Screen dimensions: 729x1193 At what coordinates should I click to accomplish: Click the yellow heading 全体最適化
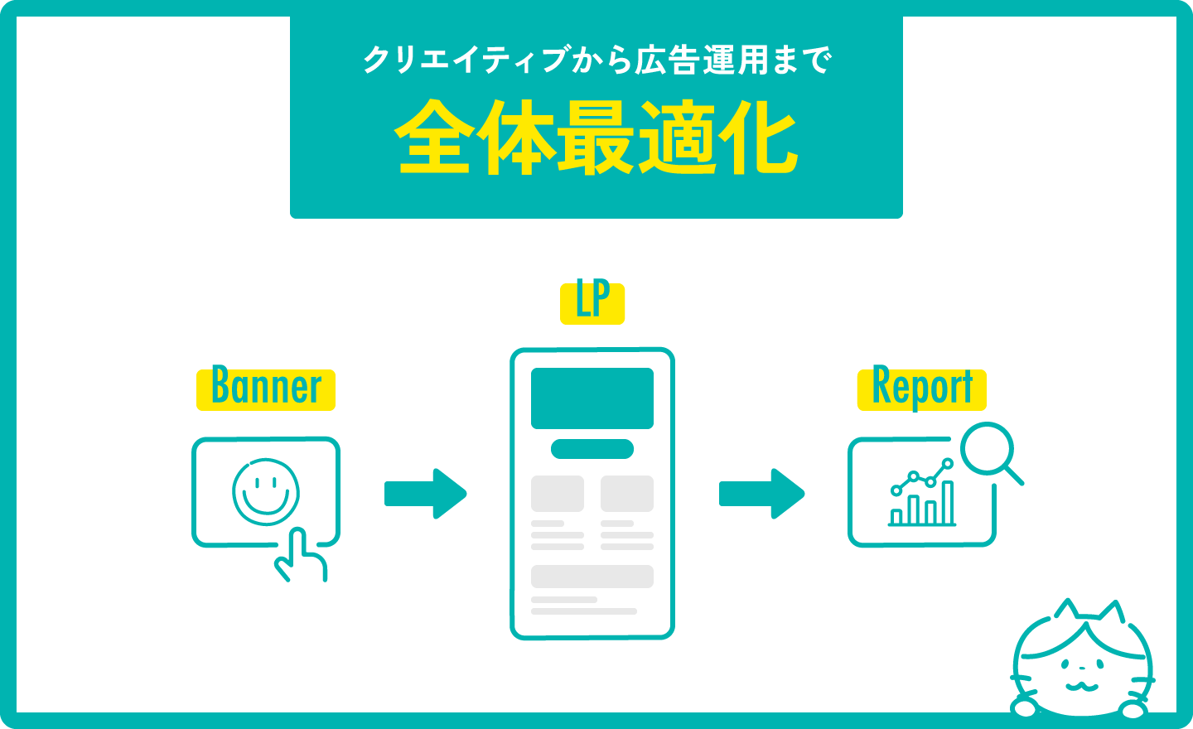[x=596, y=138]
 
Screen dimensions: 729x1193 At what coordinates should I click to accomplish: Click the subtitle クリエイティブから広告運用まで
[x=596, y=60]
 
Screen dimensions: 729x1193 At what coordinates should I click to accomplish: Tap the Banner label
[x=266, y=389]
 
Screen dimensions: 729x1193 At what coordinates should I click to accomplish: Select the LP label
[x=592, y=302]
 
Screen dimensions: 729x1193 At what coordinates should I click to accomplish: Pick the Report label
[x=922, y=389]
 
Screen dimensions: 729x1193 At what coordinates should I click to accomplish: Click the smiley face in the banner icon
[x=266, y=492]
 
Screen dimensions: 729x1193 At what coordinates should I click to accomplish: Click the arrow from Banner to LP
[x=426, y=494]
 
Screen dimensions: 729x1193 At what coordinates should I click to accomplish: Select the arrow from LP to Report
[x=761, y=494]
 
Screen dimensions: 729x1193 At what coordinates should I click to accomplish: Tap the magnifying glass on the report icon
[x=989, y=451]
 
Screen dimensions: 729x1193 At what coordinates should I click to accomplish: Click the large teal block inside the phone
[x=592, y=398]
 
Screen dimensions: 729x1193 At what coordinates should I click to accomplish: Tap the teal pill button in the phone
[x=592, y=449]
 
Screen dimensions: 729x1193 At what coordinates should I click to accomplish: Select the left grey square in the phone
[x=558, y=494]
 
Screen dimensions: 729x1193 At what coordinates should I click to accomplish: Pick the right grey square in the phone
[x=627, y=494]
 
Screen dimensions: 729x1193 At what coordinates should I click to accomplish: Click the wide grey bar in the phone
[x=592, y=576]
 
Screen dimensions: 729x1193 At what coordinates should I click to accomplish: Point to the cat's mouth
[x=1081, y=685]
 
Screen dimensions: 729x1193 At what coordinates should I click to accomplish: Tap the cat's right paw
[x=1132, y=709]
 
